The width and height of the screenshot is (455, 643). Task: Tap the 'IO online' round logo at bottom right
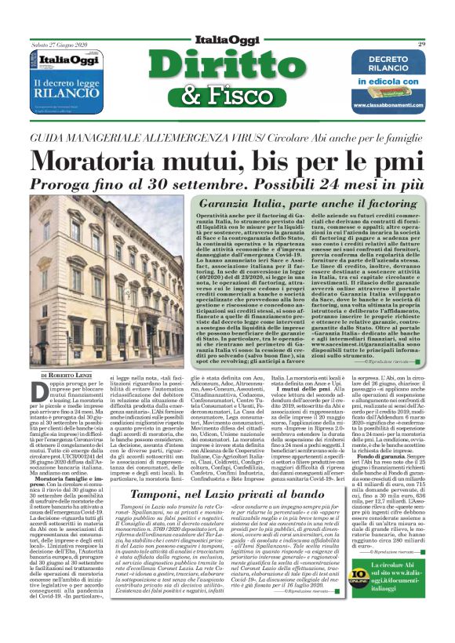point(366,601)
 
